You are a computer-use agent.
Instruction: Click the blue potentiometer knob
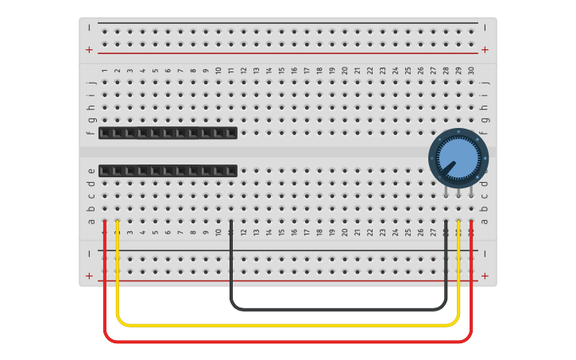point(458,157)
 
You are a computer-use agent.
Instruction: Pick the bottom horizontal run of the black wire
point(338,308)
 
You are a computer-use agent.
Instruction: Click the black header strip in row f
point(168,133)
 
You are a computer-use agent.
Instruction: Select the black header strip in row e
point(168,170)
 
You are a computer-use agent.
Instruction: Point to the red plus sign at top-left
point(89,49)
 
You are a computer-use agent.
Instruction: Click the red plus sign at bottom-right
point(485,276)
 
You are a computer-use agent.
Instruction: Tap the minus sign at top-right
point(485,27)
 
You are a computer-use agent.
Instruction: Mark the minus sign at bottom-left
point(89,254)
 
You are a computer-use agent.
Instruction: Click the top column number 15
point(281,71)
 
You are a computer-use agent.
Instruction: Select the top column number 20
point(345,71)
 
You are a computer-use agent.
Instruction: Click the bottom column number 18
point(319,233)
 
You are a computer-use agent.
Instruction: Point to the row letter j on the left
point(91,82)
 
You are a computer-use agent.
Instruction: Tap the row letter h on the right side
point(485,107)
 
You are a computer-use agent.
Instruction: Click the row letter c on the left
point(91,196)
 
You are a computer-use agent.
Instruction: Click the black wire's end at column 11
point(230,223)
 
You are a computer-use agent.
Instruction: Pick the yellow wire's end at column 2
point(118,223)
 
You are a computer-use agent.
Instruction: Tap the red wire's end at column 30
point(472,223)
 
